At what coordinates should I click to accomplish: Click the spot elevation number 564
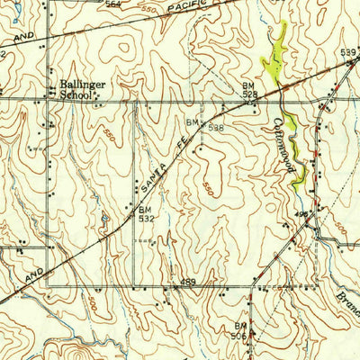(112, 4)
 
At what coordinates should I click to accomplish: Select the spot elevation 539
(348, 53)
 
